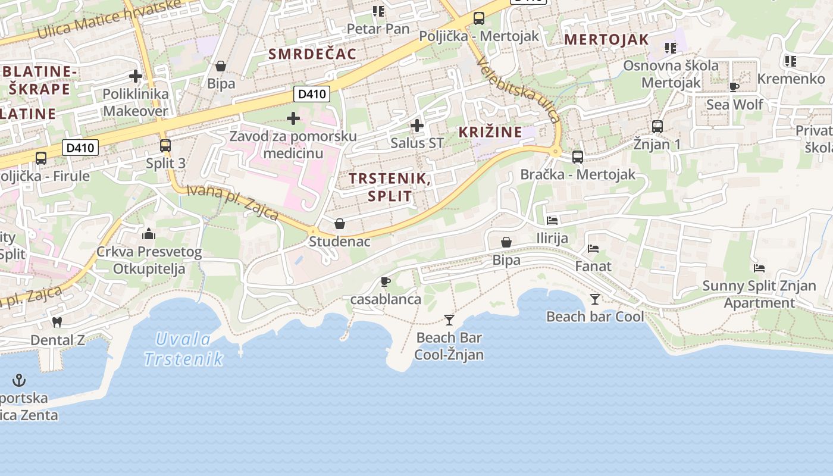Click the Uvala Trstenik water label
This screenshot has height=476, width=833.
(184, 349)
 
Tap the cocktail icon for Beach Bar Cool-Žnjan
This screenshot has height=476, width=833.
(449, 320)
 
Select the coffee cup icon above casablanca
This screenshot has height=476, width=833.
(385, 281)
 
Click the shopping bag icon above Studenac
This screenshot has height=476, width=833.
(339, 224)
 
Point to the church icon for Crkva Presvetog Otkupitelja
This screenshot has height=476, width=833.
(149, 233)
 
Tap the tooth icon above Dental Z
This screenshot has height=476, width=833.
(57, 322)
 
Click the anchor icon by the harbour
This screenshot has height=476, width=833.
(20, 380)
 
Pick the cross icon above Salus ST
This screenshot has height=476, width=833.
(417, 125)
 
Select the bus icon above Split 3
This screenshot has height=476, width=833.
(165, 145)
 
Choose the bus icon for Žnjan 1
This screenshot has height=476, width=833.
(657, 126)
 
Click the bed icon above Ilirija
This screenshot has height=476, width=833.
(552, 220)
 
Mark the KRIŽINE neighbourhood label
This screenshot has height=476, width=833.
(490, 132)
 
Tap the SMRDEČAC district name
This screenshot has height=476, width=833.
(312, 54)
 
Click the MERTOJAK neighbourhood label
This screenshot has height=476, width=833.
(606, 40)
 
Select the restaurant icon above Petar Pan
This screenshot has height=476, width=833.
(378, 11)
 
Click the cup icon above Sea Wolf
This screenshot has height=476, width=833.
(734, 87)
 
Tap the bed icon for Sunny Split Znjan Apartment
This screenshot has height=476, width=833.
(759, 268)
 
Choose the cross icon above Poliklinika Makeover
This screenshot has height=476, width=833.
(136, 76)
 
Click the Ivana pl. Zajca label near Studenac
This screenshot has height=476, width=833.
(233, 202)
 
